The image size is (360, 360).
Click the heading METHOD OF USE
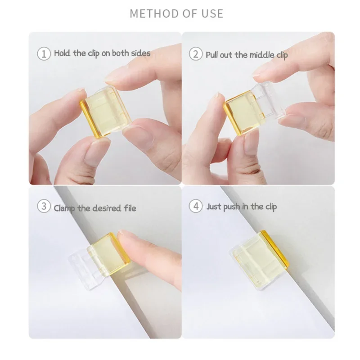pyautogui.click(x=176, y=13)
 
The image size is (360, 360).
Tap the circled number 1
pyautogui.click(x=44, y=54)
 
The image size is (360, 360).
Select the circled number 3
pyautogui.click(x=44, y=207)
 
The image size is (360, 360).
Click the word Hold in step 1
pyautogui.click(x=63, y=53)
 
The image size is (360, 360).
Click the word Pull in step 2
pyautogui.click(x=213, y=54)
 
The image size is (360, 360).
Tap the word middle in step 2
pyautogui.click(x=260, y=54)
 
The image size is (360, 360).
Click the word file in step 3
pyautogui.click(x=129, y=208)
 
